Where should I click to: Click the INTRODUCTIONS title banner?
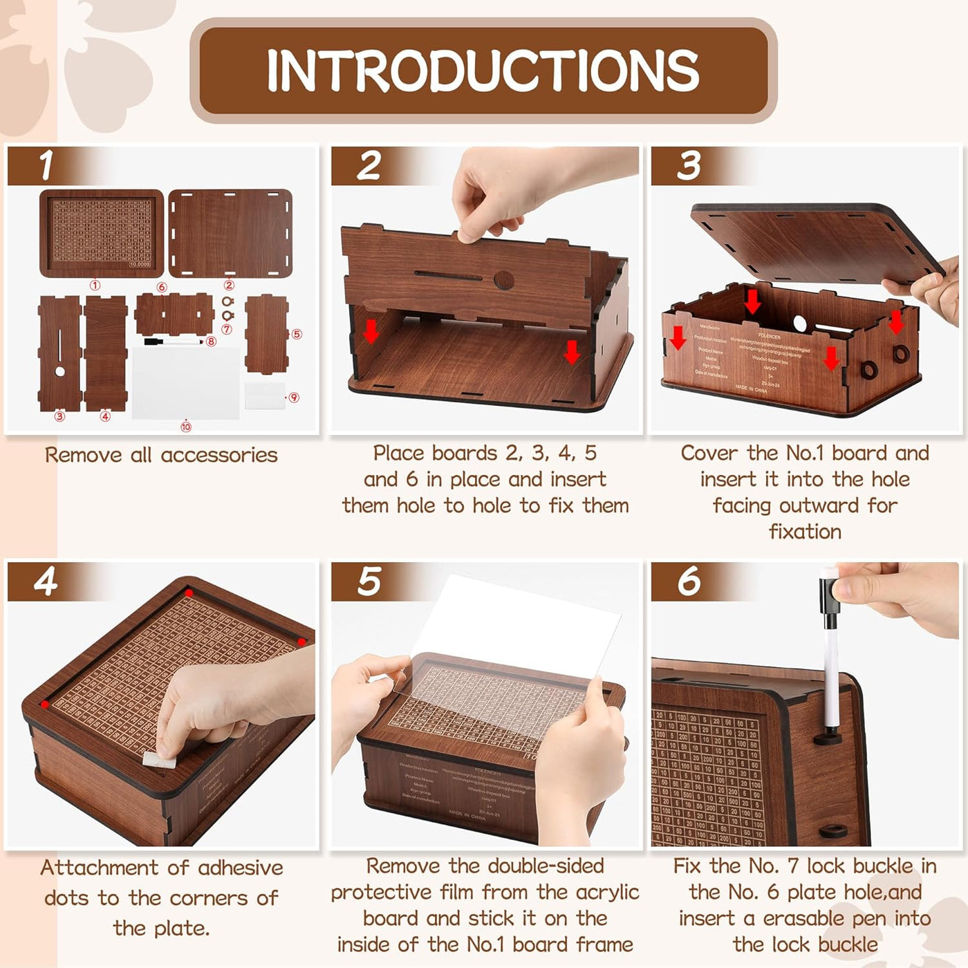(x=483, y=71)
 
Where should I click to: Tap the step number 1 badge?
(x=46, y=165)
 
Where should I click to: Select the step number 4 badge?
(x=46, y=581)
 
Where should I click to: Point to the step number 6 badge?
(x=689, y=581)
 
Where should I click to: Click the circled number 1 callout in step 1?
(x=95, y=285)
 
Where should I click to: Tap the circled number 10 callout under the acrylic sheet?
(x=185, y=427)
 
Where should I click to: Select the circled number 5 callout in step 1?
(x=297, y=334)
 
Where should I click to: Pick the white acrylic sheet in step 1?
(x=185, y=382)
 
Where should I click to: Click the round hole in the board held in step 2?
(x=504, y=280)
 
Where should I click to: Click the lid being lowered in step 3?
(x=809, y=242)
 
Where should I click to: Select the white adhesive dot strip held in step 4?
(x=157, y=758)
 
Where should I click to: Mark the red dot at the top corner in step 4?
(x=189, y=593)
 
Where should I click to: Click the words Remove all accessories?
(x=161, y=455)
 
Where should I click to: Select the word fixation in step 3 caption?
(x=805, y=532)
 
